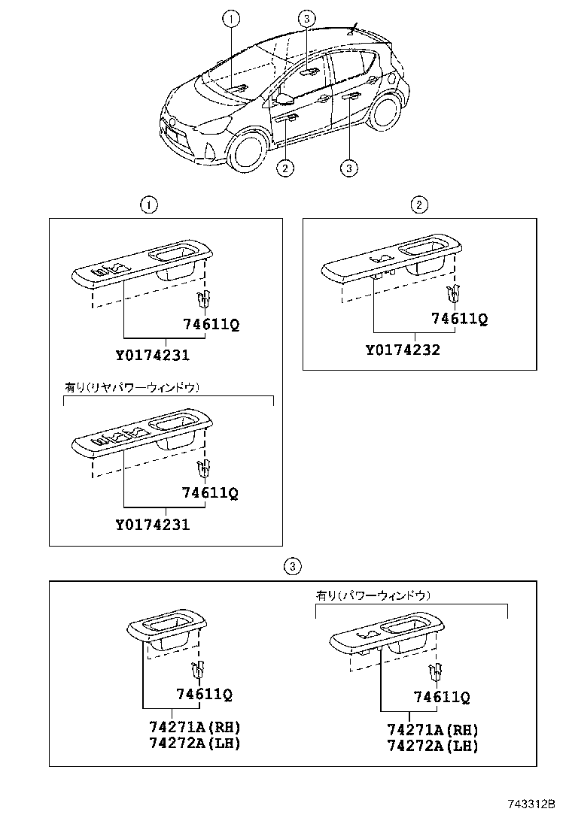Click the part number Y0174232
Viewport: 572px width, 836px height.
[403, 350]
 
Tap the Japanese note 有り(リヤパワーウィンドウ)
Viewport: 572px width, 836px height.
[132, 387]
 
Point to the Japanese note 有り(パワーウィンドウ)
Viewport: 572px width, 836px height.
[373, 595]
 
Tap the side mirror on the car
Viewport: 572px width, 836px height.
[285, 98]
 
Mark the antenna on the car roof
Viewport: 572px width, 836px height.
[352, 30]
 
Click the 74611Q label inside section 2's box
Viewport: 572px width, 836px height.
[459, 319]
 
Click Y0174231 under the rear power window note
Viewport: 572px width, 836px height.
[153, 525]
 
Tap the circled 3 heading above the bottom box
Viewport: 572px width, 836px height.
[293, 566]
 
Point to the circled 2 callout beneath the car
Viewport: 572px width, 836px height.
[284, 168]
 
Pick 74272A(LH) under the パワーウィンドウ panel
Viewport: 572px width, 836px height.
[432, 746]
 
